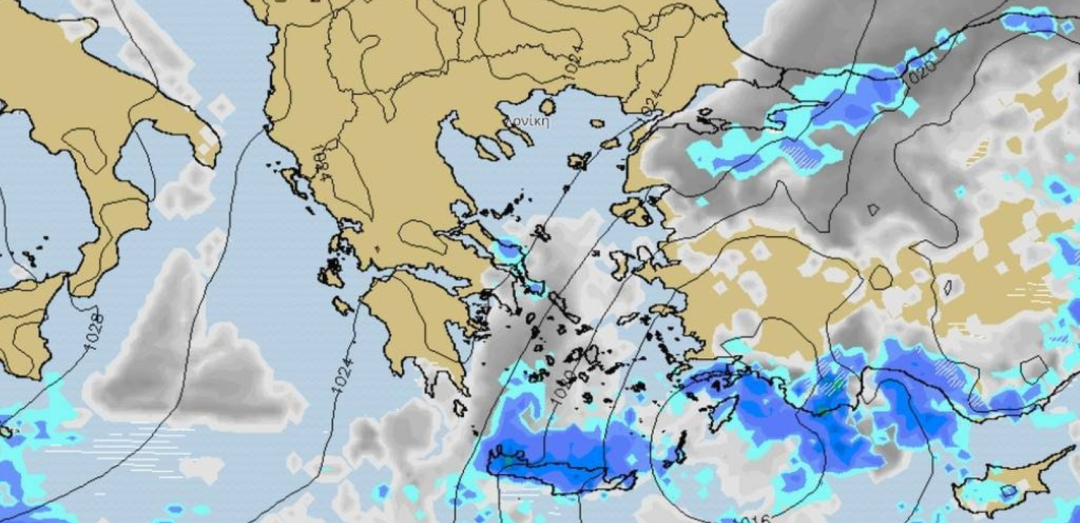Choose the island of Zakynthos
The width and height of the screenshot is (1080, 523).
[343, 305]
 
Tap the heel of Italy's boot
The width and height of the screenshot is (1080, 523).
[208, 147]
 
